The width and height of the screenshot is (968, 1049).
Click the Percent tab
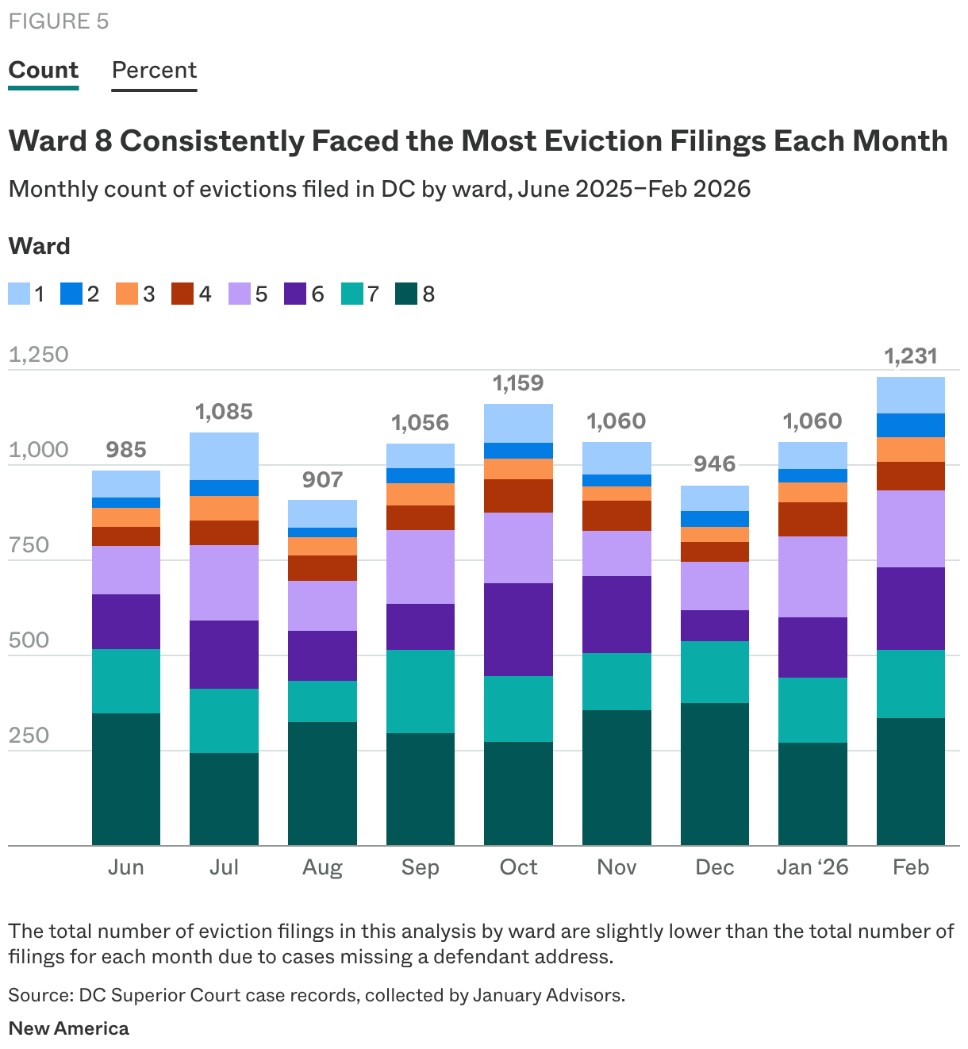(154, 71)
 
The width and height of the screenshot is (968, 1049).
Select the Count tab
(44, 71)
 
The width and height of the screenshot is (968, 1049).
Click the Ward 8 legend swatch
(406, 294)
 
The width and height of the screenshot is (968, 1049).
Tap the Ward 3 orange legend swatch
(126, 294)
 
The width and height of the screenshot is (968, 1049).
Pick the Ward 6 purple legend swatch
(295, 294)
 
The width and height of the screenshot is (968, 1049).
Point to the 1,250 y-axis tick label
(39, 355)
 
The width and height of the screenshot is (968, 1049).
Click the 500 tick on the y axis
(29, 640)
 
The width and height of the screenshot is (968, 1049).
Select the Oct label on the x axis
(518, 867)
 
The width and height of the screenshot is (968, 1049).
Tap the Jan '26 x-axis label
(812, 867)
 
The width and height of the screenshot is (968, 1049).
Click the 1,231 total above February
(911, 356)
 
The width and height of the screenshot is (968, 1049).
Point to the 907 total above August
(322, 480)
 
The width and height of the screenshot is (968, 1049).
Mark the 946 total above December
(715, 464)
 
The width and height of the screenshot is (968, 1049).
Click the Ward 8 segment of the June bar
(126, 778)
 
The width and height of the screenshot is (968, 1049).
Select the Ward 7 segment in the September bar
(421, 691)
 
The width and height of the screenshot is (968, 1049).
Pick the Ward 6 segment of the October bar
(518, 629)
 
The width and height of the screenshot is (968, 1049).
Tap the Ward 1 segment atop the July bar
(224, 456)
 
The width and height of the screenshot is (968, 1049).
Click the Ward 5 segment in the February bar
(911, 528)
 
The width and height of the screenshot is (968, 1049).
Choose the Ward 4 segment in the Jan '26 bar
(812, 519)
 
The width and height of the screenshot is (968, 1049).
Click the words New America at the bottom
(69, 1028)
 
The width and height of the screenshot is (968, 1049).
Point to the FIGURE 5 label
(59, 21)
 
